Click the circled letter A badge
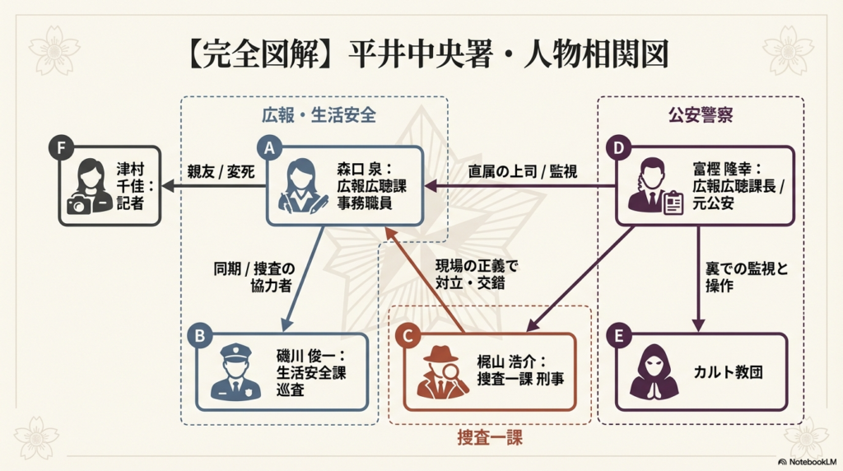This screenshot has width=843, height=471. pos(268,147)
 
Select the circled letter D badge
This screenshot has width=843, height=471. pos(617,148)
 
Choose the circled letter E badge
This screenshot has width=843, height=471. pos(617,336)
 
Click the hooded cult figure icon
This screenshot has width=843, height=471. pos(654,372)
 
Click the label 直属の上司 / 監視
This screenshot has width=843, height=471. pos(522,173)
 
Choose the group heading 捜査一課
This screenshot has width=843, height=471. pos(490,437)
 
